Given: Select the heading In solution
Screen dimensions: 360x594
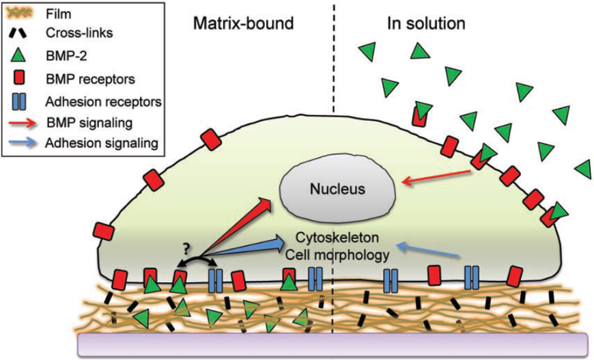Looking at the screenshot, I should [426, 23].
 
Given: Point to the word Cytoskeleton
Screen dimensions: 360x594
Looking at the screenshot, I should [336, 240].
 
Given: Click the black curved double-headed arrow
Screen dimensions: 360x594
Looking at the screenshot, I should [197, 262].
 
